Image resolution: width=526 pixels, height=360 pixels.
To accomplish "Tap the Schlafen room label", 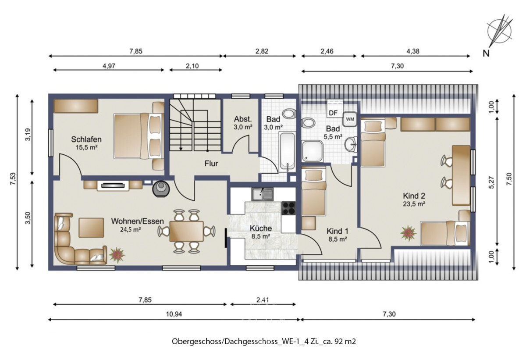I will [87, 139].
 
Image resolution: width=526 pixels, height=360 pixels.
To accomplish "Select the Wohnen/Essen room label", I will [137, 221].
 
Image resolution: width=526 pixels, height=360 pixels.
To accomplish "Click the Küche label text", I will [261, 228].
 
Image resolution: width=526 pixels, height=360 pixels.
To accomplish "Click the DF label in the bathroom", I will [333, 113].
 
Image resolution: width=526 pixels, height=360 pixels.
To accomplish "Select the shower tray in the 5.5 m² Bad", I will [313, 151].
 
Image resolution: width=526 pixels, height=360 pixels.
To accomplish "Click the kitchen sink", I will [262, 193].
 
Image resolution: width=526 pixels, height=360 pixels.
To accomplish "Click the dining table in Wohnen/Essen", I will [186, 231].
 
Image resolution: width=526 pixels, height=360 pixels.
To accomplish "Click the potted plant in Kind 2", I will [408, 232].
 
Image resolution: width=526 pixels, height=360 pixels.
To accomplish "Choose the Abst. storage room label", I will [242, 119].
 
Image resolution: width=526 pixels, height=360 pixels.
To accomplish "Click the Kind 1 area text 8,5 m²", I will [338, 239].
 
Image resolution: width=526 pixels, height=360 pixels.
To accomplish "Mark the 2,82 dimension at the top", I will [260, 51].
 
